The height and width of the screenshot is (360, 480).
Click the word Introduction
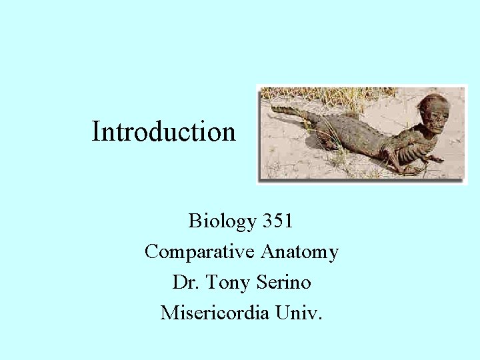coord(163,131)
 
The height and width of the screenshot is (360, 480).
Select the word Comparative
coord(200,252)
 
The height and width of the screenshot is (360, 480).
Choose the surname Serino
coord(285,282)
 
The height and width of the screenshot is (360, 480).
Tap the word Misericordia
coord(213,312)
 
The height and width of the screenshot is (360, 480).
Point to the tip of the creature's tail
coord(275,108)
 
